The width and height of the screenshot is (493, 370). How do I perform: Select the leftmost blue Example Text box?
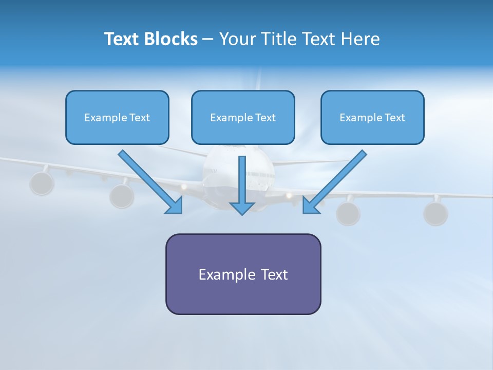[117, 118]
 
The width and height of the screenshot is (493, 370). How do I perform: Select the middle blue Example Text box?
[243, 118]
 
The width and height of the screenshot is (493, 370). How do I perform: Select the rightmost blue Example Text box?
[372, 118]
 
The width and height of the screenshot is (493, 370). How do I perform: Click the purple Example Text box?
[243, 274]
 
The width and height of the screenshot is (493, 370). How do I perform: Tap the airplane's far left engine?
[42, 183]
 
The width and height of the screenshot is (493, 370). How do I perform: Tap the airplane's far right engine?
[435, 213]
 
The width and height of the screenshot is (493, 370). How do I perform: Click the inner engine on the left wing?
[122, 195]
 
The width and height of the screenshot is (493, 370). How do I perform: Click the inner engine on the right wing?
[348, 213]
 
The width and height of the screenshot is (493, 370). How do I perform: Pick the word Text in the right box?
[395, 118]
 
